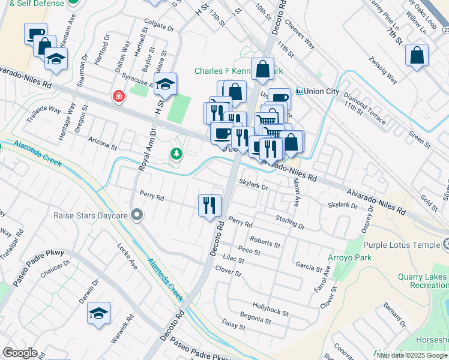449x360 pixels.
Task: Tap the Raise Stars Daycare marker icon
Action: coord(137,214)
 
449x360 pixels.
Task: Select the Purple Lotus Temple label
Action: coord(406,245)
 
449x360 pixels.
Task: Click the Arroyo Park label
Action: coord(367,257)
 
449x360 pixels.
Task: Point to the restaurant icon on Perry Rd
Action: coord(209,205)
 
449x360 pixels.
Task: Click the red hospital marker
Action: coord(119,96)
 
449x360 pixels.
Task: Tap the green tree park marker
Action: coord(176,154)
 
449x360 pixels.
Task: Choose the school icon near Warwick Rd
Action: coord(98,313)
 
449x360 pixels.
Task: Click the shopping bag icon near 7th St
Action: coord(417,55)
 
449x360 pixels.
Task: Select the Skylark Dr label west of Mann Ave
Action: coord(253,185)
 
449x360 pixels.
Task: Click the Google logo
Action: coord(20,353)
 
